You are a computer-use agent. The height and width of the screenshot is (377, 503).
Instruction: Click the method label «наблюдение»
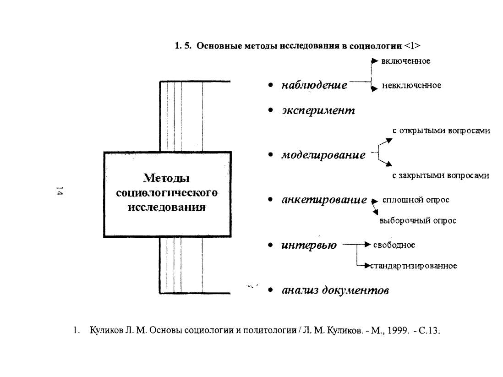tap(314, 85)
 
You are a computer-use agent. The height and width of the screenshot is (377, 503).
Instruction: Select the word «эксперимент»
tap(318, 111)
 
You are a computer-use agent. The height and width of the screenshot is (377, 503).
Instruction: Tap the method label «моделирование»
tap(323, 155)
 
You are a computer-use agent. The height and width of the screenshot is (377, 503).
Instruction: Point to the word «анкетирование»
tap(324, 200)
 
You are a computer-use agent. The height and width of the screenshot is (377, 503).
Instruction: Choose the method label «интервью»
tap(309, 246)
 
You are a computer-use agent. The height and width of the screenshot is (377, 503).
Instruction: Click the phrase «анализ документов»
tap(335, 290)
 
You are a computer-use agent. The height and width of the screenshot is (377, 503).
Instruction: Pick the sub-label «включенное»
tap(406, 61)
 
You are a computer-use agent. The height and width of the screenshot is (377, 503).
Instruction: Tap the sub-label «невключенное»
tap(411, 86)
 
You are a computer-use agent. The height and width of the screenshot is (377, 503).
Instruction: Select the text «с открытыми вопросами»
tap(441, 131)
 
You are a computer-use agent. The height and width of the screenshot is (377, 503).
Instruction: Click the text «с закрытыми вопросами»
tap(440, 176)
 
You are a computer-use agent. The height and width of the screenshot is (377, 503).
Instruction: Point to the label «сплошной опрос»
tap(416, 200)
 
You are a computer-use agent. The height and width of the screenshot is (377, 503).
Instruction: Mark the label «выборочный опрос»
tap(418, 221)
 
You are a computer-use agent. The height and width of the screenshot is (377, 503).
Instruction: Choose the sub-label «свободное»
tap(394, 245)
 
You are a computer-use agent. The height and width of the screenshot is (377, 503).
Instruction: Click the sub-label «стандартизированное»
tap(414, 266)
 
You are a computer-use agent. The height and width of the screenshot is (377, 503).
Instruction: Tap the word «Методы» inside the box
tap(166, 178)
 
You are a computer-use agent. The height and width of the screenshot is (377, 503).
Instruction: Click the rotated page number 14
tap(60, 191)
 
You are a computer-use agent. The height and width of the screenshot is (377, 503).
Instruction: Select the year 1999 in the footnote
tap(398, 330)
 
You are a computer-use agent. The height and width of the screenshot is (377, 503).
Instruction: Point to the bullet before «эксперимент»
tap(270, 110)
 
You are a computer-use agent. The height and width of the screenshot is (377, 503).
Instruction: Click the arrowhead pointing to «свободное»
tap(367, 245)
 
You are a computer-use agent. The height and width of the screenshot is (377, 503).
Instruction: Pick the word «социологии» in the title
tap(375, 46)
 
